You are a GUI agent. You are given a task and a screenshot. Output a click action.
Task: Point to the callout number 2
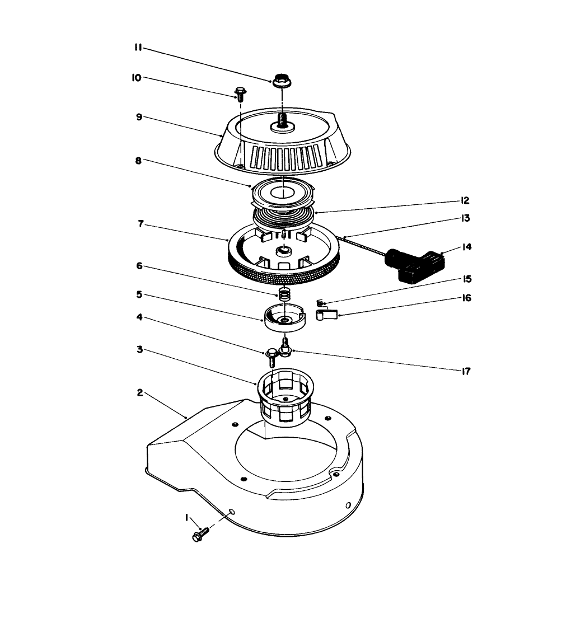point(140,392)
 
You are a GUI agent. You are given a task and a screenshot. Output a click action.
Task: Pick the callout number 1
point(187,518)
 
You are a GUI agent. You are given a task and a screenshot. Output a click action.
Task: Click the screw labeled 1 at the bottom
point(200,534)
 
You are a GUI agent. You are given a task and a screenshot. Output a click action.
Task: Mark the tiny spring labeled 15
point(320,303)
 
